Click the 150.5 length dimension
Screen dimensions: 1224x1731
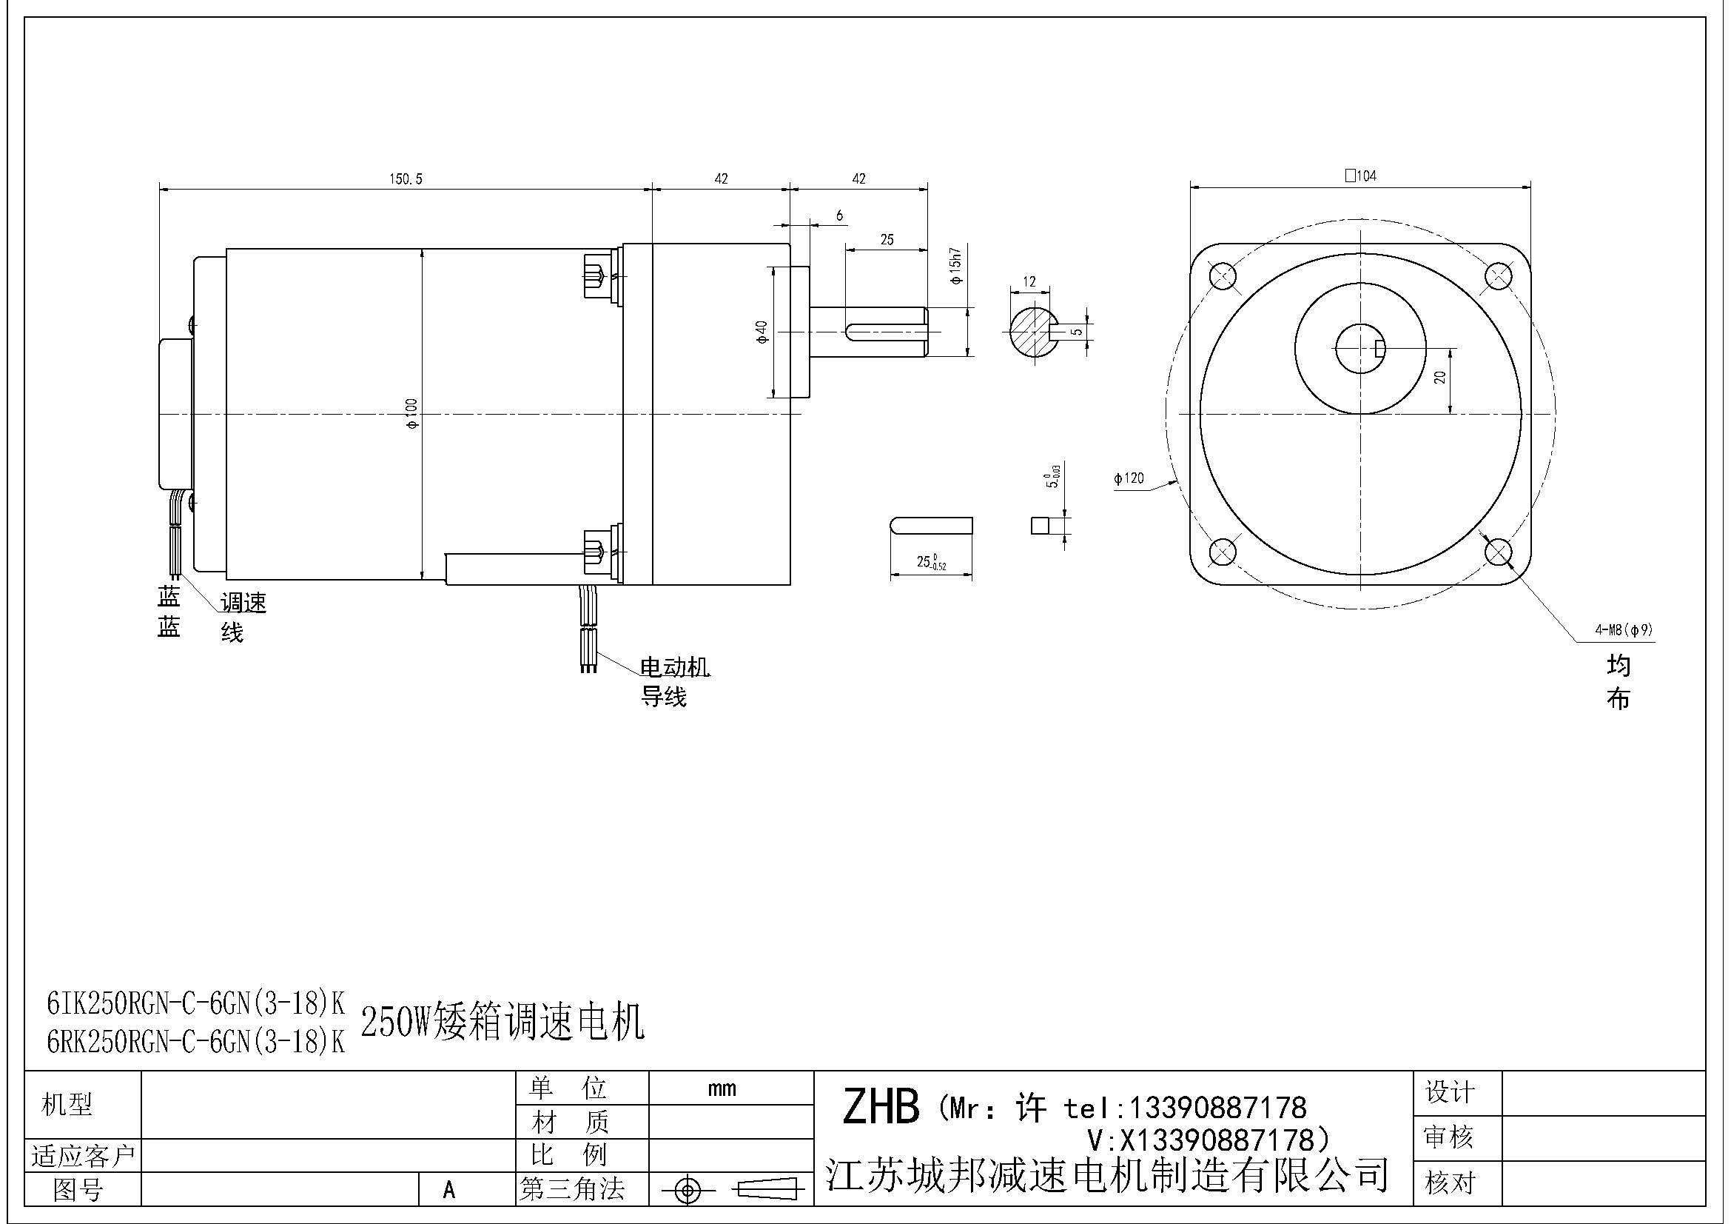[x=406, y=178]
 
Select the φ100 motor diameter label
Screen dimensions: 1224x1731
[x=412, y=413]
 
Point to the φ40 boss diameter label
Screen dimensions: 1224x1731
[x=762, y=332]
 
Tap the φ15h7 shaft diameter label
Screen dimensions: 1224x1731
[x=956, y=266]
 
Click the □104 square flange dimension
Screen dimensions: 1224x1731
[x=1360, y=175]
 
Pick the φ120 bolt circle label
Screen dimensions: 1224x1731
[x=1129, y=478]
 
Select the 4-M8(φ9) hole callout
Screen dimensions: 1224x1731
[x=1624, y=629]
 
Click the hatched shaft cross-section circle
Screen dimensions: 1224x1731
[x=1031, y=331]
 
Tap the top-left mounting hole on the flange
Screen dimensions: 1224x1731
[x=1222, y=275]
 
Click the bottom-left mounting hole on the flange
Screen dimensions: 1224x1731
[x=1222, y=553]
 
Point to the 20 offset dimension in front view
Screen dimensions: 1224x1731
[x=1440, y=377]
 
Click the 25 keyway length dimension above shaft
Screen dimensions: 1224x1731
[x=887, y=240]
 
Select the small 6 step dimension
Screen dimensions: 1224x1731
[x=839, y=215]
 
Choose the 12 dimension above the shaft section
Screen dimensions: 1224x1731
[x=1029, y=281]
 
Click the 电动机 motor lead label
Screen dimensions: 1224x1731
[x=675, y=667]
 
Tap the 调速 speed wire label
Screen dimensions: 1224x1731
[x=243, y=603]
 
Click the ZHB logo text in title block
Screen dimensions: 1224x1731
[x=881, y=1107]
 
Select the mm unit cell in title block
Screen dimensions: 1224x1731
[x=722, y=1088]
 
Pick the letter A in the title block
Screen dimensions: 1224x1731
[x=449, y=1190]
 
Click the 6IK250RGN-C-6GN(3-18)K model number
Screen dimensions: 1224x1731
[x=195, y=1003]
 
